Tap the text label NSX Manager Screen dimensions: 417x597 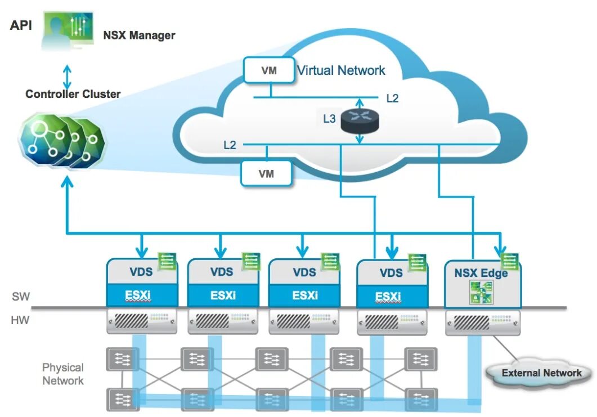(x=139, y=35)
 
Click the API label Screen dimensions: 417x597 (x=21, y=26)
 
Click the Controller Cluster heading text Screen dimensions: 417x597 (x=73, y=94)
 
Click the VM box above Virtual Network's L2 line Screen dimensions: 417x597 (x=268, y=71)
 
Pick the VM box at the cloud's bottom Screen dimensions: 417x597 (x=266, y=173)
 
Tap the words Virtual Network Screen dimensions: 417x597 (x=341, y=70)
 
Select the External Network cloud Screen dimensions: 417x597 (x=541, y=373)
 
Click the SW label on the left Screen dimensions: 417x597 (x=20, y=296)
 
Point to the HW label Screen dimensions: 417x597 (x=20, y=321)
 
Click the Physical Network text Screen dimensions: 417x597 (x=63, y=374)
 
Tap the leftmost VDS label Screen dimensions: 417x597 (x=141, y=272)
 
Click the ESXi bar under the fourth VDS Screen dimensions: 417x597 (x=388, y=296)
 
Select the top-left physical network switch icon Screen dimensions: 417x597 (x=122, y=358)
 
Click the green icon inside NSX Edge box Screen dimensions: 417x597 (x=481, y=293)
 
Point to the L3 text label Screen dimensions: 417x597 (x=329, y=119)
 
